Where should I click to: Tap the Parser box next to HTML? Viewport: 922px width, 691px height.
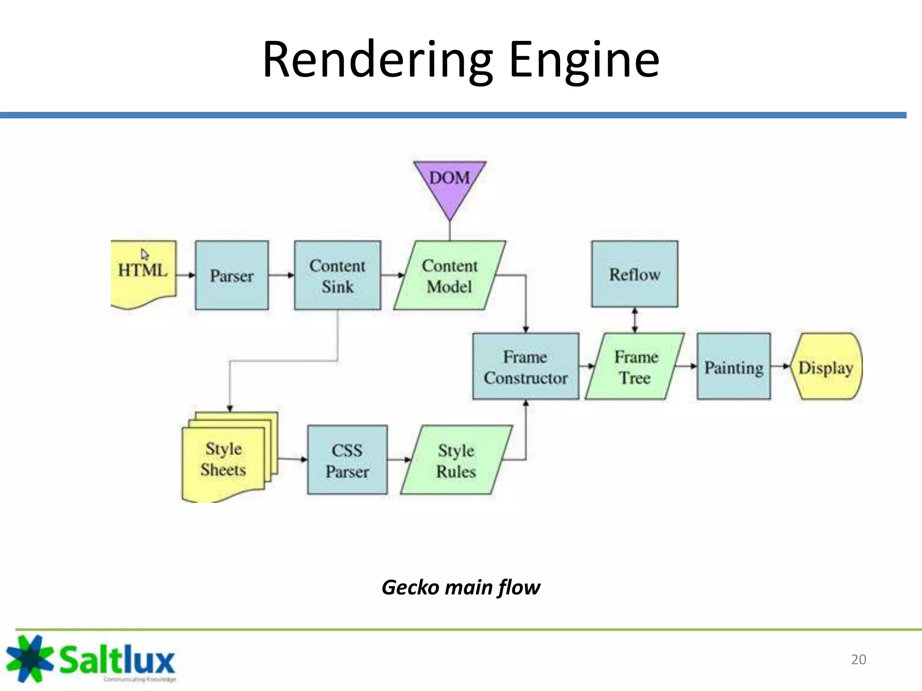pos(232,275)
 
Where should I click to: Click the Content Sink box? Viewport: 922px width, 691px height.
pos(338,275)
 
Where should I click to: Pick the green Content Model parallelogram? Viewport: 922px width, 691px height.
pos(450,275)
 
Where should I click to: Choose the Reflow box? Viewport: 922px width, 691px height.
pos(635,274)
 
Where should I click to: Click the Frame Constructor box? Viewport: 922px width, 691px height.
pos(526,366)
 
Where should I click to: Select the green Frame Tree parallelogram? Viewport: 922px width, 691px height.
pos(635,366)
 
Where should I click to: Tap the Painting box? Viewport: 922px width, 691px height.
pos(734,366)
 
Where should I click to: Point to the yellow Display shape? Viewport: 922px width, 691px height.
pos(826,366)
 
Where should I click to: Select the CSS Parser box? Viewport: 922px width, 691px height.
pos(347,460)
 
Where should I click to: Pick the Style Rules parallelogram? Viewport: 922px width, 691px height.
pos(456,460)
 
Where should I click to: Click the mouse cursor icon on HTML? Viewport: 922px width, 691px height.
pos(145,255)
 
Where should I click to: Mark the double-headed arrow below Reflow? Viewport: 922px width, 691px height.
pos(635,320)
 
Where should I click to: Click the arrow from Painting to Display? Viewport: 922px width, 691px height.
pos(781,366)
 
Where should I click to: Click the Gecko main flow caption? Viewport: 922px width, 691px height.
pos(461,587)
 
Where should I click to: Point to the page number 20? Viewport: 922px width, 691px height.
pos(859,659)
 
